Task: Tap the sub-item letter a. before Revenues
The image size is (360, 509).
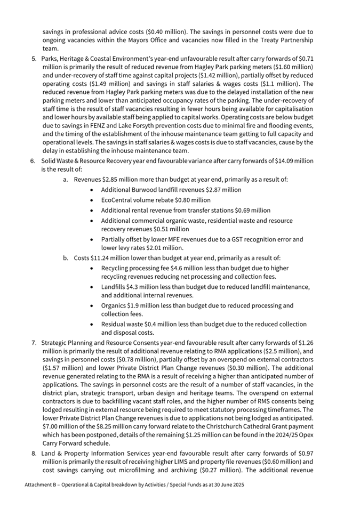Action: (x=66, y=180)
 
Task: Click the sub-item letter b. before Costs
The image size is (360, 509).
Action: (x=66, y=258)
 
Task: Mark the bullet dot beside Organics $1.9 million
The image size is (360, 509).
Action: (x=94, y=305)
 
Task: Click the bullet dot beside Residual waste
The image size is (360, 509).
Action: (x=94, y=324)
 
